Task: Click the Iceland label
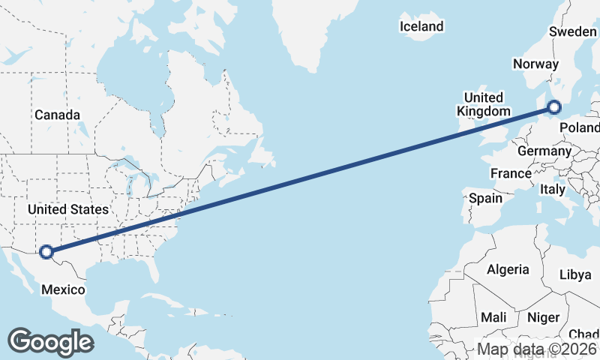pos(421,27)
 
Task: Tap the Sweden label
pos(572,31)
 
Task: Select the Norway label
pos(535,64)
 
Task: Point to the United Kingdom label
pos(483,104)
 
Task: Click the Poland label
pos(580,127)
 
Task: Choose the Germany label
pos(544,151)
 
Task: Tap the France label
pos(511,173)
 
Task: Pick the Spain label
pos(485,199)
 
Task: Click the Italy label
pos(553,190)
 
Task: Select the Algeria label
pos(508,269)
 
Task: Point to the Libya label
pos(575,274)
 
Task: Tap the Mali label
pos(493,317)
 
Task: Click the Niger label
pos(543,317)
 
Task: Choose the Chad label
pos(583,334)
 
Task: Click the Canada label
pos(57,115)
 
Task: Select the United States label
pos(67,209)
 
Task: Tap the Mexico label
pos(63,289)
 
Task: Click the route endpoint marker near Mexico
pos(46,252)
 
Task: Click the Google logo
pos(50,342)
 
